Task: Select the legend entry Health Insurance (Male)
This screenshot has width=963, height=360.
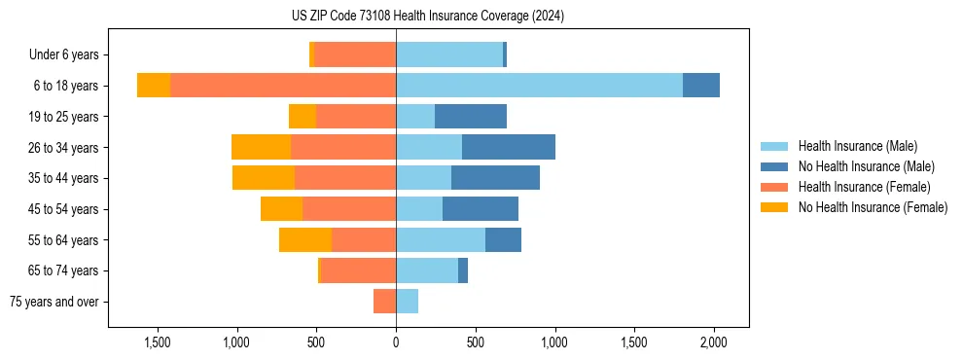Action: click(857, 146)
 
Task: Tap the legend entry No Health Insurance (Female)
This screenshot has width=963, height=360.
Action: click(873, 207)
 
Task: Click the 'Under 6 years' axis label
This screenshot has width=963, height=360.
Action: click(63, 55)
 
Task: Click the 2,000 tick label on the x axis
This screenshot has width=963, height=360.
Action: click(714, 343)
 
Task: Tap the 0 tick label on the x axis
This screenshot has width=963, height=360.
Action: click(396, 343)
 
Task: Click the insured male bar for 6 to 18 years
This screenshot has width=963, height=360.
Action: click(539, 86)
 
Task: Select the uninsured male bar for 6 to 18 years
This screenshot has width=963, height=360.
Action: click(701, 86)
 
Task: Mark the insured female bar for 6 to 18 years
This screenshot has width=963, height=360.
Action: click(283, 86)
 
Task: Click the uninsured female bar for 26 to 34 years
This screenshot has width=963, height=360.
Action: click(261, 147)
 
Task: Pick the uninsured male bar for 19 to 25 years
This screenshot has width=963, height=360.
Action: click(471, 117)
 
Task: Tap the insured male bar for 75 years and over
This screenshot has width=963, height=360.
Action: click(407, 302)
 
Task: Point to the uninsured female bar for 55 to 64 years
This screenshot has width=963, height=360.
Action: click(305, 239)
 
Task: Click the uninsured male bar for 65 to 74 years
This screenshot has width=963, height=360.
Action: click(463, 270)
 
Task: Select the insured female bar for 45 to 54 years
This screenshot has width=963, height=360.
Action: click(349, 209)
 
